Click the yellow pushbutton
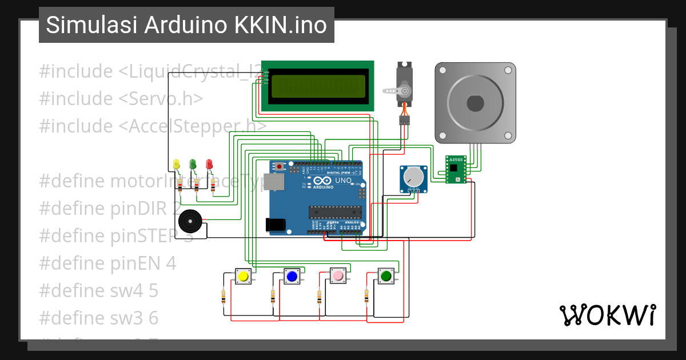click(x=243, y=277)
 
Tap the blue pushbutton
click(x=292, y=277)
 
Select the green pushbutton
click(x=386, y=277)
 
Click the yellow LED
click(x=177, y=165)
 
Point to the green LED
click(x=193, y=165)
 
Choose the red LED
click(x=209, y=165)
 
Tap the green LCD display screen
click(x=318, y=86)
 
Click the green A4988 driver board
click(x=456, y=170)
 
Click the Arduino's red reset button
click(x=279, y=166)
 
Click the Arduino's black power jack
click(x=277, y=225)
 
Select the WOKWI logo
click(x=607, y=315)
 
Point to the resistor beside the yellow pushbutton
click(x=223, y=297)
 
